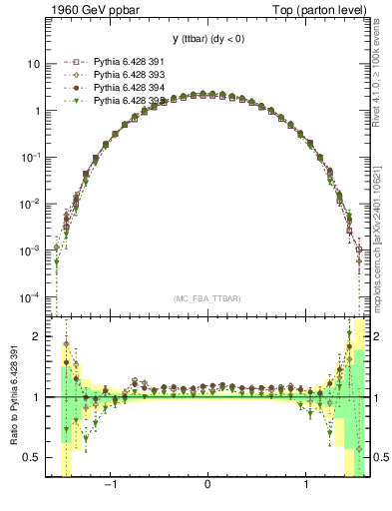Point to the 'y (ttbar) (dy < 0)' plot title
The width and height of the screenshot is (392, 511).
(206, 39)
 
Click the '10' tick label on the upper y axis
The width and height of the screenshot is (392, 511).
(33, 64)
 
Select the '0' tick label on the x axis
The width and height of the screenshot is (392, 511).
(207, 485)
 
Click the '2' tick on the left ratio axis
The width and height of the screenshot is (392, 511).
(37, 336)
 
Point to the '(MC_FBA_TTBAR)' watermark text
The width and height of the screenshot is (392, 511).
(207, 297)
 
